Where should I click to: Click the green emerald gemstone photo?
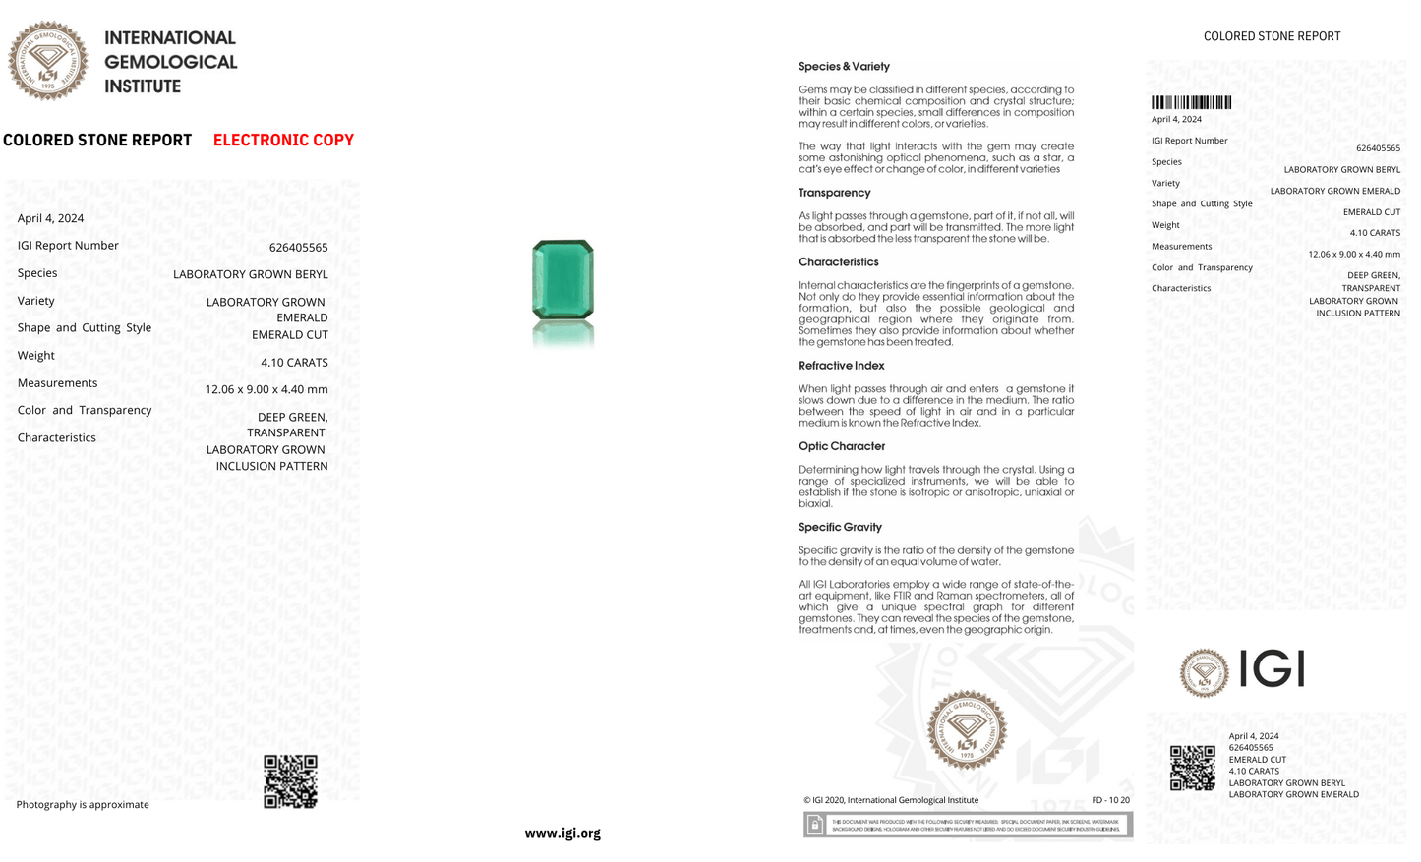point(562,280)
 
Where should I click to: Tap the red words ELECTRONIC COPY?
point(283,140)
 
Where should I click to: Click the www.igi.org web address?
point(562,833)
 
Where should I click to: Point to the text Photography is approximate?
point(83,804)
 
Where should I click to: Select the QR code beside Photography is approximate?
point(290,781)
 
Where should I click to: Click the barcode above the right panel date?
point(1191,102)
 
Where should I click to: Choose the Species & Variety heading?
point(844,67)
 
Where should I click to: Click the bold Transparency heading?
point(834,193)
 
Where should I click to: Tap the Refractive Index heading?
point(842,366)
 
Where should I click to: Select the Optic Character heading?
point(842,446)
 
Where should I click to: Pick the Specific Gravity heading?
point(840,527)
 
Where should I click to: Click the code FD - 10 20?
point(1110,800)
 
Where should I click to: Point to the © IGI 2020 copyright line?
point(891,800)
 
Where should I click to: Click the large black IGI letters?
point(1272,670)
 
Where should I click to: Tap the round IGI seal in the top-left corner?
point(47,61)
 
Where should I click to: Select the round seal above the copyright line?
point(967,729)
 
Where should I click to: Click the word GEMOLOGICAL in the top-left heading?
point(171,62)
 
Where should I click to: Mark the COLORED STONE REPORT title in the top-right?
point(1272,36)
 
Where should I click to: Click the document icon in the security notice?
point(815,825)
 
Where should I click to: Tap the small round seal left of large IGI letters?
point(1204,673)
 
